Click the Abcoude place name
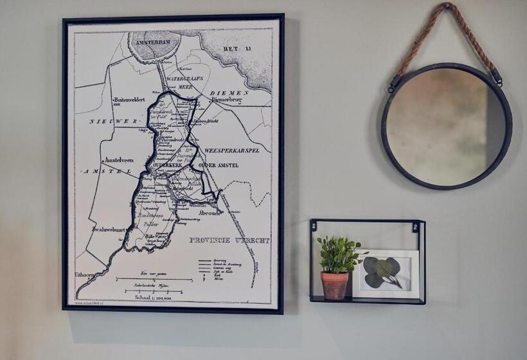[211, 212]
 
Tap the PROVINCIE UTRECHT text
[229, 240]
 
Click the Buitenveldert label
[134, 100]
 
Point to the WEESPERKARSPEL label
[231, 150]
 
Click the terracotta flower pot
[335, 285]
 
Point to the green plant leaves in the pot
[337, 254]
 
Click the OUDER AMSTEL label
[218, 165]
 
